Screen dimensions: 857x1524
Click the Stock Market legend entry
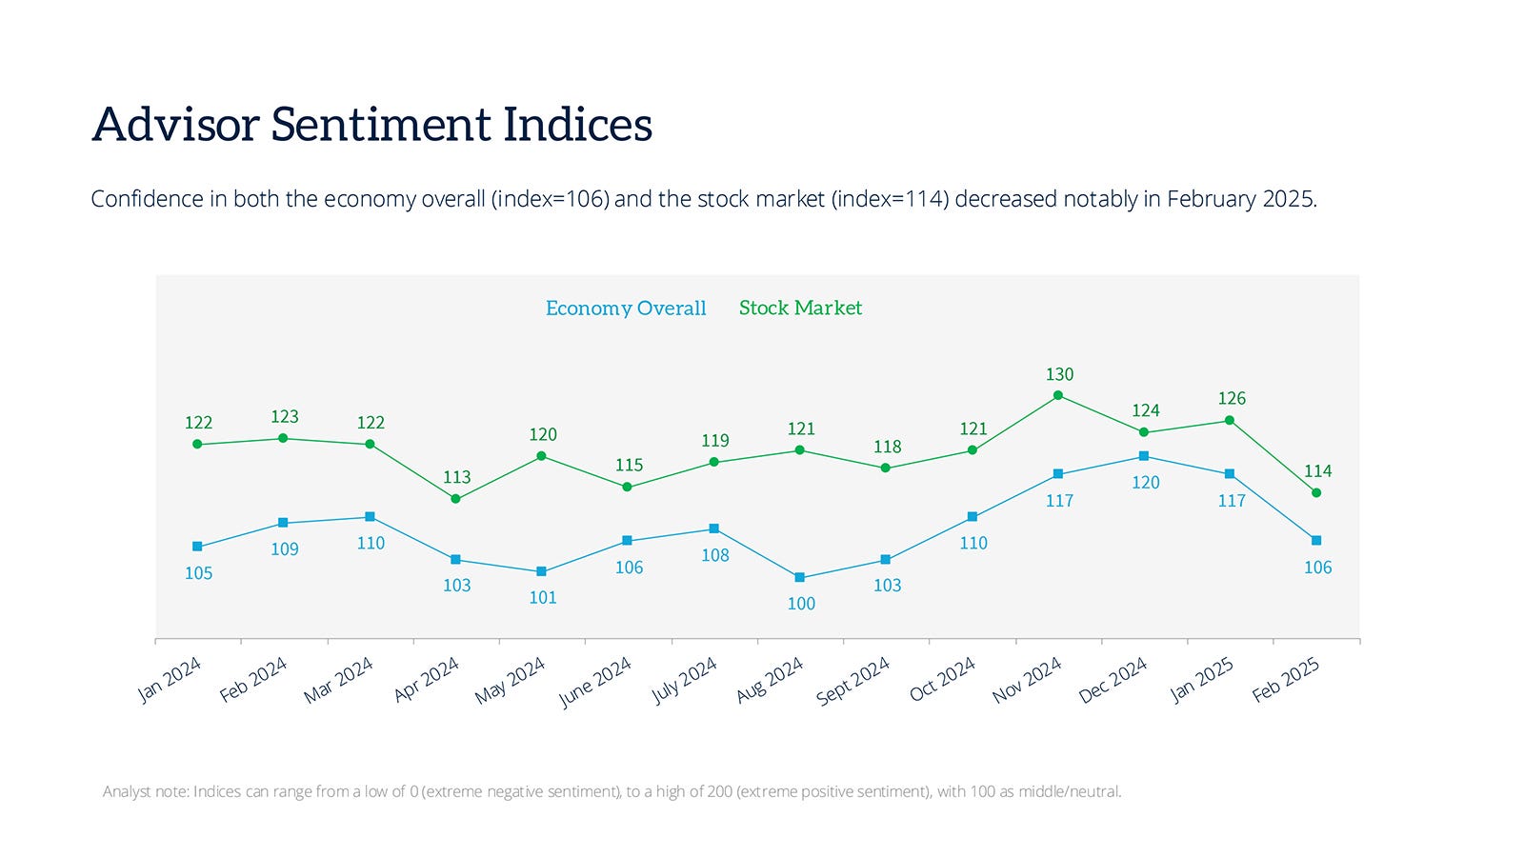[800, 308]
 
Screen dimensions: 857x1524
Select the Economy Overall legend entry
[626, 308]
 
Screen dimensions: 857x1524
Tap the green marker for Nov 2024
[1058, 395]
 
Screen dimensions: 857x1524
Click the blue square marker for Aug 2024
[799, 577]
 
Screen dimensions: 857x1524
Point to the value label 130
[1059, 374]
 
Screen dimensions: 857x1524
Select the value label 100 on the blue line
[801, 603]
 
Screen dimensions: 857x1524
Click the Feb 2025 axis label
[1286, 680]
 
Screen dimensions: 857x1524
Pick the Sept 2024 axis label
[852, 681]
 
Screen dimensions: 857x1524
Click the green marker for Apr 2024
[455, 499]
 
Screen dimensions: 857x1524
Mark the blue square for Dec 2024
[1144, 456]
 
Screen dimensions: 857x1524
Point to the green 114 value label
[1317, 471]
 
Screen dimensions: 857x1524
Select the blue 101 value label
[543, 597]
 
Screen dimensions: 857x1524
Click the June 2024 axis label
[595, 682]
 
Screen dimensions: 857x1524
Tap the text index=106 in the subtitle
[552, 199]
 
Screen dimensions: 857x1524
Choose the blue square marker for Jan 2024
[197, 547]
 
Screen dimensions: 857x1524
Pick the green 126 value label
[1232, 398]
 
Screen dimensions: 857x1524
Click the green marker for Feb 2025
[1316, 492]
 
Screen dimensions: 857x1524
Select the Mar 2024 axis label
[338, 681]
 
